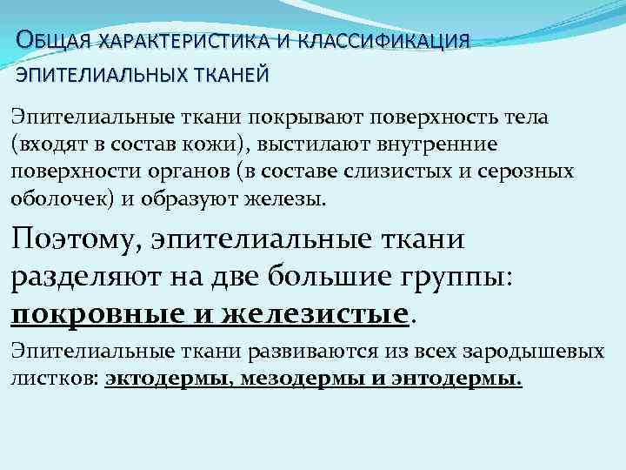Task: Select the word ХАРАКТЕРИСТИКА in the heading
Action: coord(182,41)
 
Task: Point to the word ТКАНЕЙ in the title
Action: coord(229,75)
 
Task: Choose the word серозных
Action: coord(532,171)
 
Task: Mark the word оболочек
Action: coord(54,198)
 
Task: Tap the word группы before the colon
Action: coord(466,276)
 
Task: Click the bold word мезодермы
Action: coord(289,379)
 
